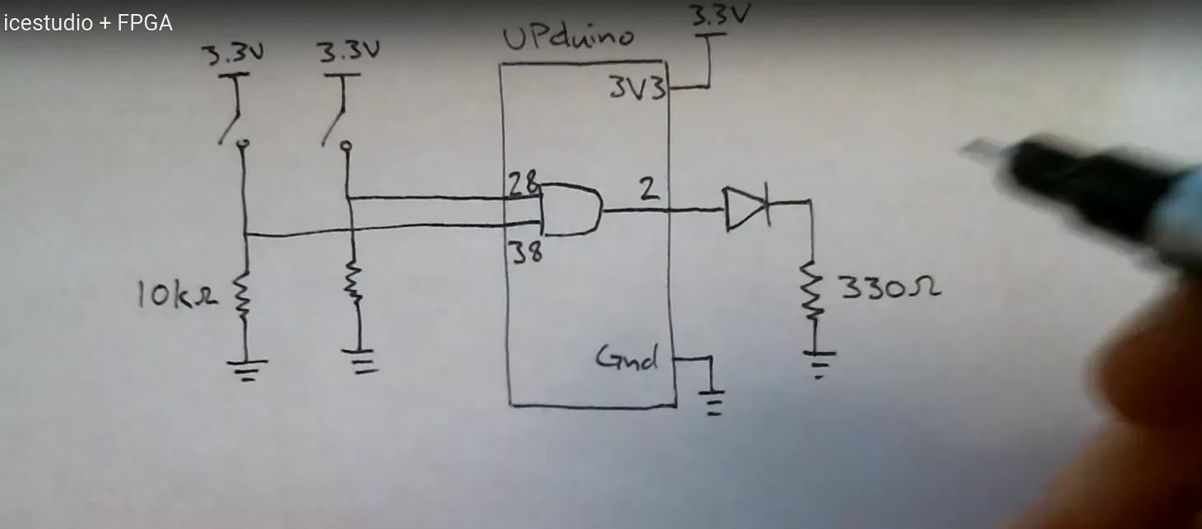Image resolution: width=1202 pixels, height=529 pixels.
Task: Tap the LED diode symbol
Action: pos(745,208)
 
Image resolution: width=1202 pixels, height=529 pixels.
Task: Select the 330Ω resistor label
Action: pos(889,288)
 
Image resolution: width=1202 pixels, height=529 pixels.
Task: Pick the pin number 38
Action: pos(526,253)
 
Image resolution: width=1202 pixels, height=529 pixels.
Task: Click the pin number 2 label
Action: pos(649,190)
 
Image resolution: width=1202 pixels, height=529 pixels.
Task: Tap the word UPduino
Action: pos(568,39)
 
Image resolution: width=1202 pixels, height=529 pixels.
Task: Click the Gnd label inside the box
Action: pos(628,358)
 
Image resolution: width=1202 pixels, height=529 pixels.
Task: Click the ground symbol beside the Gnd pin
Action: pos(713,401)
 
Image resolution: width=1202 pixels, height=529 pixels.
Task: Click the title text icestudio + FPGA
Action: pos(88,23)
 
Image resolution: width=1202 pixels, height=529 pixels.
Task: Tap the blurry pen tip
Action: pos(987,152)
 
